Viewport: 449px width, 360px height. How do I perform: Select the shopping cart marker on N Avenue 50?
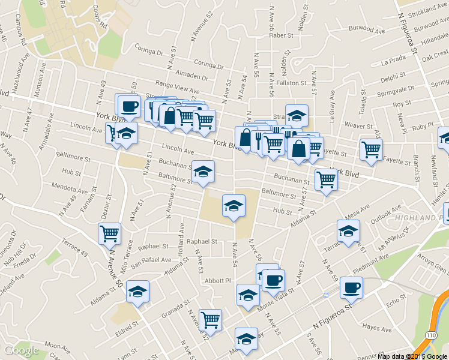[x=109, y=233]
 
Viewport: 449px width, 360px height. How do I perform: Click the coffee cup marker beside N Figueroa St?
[x=351, y=287]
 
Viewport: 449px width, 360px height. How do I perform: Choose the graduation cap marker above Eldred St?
[x=138, y=291]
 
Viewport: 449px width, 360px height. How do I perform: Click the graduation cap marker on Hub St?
[x=234, y=206]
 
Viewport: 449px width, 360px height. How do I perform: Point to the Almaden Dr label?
[x=193, y=77]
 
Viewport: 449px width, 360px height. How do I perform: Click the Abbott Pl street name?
[x=218, y=280]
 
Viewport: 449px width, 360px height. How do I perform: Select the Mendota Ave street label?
[x=70, y=187]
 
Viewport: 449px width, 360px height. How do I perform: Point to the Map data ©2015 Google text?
[x=412, y=356]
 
